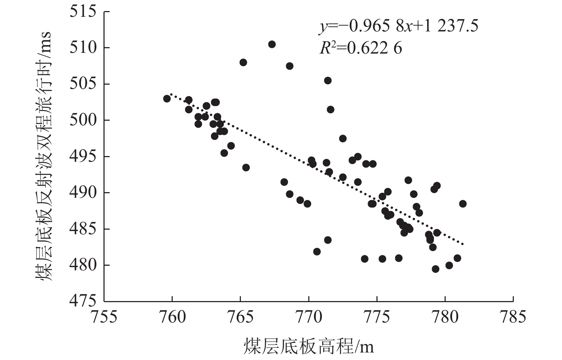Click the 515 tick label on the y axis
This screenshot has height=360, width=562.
coord(83,11)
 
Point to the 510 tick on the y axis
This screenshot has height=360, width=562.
coord(83,47)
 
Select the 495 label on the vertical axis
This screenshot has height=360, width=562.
coord(83,156)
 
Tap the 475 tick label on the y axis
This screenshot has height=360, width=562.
coord(83,301)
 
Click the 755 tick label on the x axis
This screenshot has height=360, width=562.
coord(104,317)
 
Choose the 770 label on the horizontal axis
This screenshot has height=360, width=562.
coord(308,317)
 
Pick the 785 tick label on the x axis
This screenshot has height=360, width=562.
coord(513,317)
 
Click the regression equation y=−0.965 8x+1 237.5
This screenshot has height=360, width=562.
coord(398,26)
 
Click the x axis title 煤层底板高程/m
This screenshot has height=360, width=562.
coord(309,346)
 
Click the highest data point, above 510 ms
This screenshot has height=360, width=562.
coord(272,44)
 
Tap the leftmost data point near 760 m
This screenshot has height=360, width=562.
coord(167,99)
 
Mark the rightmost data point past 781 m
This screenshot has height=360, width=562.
coord(463,204)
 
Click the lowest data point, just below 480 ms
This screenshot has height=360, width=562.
coord(435,269)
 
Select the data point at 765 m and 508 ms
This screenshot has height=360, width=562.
coord(243,62)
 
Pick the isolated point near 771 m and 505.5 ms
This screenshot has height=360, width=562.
coord(328,80)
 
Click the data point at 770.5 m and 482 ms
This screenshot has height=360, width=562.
coord(317,251)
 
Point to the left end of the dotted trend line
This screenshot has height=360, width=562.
coord(171,94)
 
